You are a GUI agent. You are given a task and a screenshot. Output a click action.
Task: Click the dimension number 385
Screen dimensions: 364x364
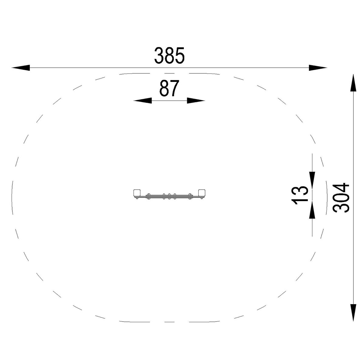(x=169, y=55)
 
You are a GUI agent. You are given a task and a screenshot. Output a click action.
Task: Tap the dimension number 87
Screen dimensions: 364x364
(x=169, y=88)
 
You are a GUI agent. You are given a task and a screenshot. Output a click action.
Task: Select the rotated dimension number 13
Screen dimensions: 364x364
(x=300, y=196)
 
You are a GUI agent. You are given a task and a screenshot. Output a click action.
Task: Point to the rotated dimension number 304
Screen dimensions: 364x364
(x=341, y=197)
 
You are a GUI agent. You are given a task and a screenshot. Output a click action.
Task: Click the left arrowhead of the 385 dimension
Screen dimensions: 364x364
(x=21, y=68)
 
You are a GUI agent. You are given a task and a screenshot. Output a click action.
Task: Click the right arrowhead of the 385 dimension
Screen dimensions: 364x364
(x=318, y=68)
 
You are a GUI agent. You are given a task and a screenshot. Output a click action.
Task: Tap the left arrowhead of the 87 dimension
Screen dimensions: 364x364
(x=143, y=100)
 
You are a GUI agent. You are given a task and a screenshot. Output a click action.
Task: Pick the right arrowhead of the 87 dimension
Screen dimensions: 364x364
(x=196, y=100)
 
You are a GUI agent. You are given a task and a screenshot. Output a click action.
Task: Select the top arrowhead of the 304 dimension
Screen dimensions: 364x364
(x=353, y=83)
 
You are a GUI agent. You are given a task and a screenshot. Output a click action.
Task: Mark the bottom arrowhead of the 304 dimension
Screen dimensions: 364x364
(x=353, y=312)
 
